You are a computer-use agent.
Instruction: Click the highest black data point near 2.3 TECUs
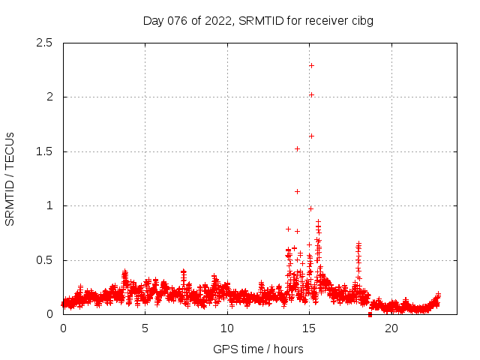(x=311, y=65)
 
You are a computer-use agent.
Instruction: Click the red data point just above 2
(x=311, y=94)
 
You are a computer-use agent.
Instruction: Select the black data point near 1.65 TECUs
(x=311, y=136)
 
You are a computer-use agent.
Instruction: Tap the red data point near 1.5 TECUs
(x=297, y=148)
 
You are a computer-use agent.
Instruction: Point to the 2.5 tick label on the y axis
(x=44, y=43)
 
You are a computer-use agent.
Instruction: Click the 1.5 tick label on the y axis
(x=44, y=151)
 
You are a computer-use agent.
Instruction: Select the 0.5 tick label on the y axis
(x=44, y=260)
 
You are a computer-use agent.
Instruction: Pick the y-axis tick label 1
(x=49, y=205)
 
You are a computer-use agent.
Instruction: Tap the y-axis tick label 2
(x=49, y=97)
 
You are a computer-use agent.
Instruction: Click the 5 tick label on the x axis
(x=145, y=328)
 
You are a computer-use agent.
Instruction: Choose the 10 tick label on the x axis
(x=227, y=328)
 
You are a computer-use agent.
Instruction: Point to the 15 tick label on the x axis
(x=309, y=328)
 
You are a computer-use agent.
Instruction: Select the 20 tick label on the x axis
(x=391, y=328)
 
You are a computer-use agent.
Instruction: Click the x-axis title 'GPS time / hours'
(x=258, y=349)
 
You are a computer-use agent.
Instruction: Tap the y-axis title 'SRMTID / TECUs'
(x=10, y=178)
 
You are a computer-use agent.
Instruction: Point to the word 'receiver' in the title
(x=325, y=20)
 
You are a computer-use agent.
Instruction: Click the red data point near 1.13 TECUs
(x=297, y=191)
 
